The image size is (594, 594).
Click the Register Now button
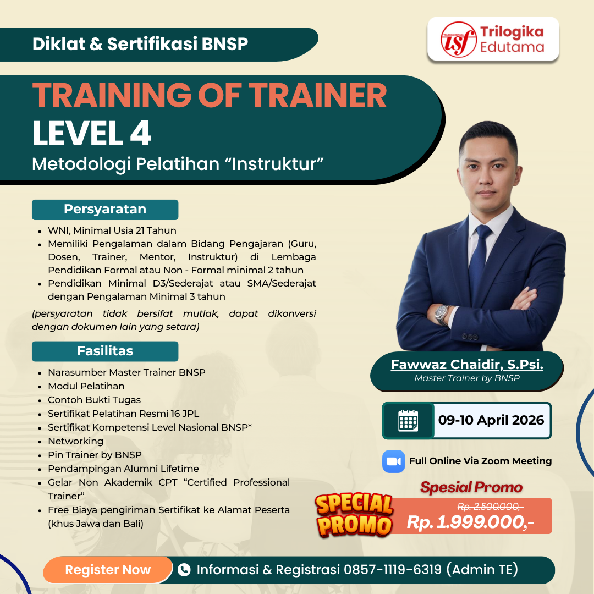point(108,570)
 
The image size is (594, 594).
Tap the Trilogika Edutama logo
point(493,39)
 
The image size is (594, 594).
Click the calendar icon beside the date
point(408,421)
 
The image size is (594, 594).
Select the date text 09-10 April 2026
point(491,421)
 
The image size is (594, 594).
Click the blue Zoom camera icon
point(393,461)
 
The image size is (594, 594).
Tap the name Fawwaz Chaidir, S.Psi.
point(467,365)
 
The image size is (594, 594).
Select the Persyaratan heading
point(105,210)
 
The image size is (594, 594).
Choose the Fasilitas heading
point(105,351)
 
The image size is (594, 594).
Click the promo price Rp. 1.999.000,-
point(470,522)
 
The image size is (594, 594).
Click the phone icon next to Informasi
point(184,570)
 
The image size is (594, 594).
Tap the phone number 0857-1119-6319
point(393,570)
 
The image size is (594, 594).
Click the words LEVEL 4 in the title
point(92,134)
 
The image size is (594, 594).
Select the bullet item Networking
point(75,441)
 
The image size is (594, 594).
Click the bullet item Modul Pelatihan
point(86,386)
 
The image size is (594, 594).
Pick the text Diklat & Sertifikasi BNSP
point(140,44)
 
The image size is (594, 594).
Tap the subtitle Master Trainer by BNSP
point(467,378)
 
